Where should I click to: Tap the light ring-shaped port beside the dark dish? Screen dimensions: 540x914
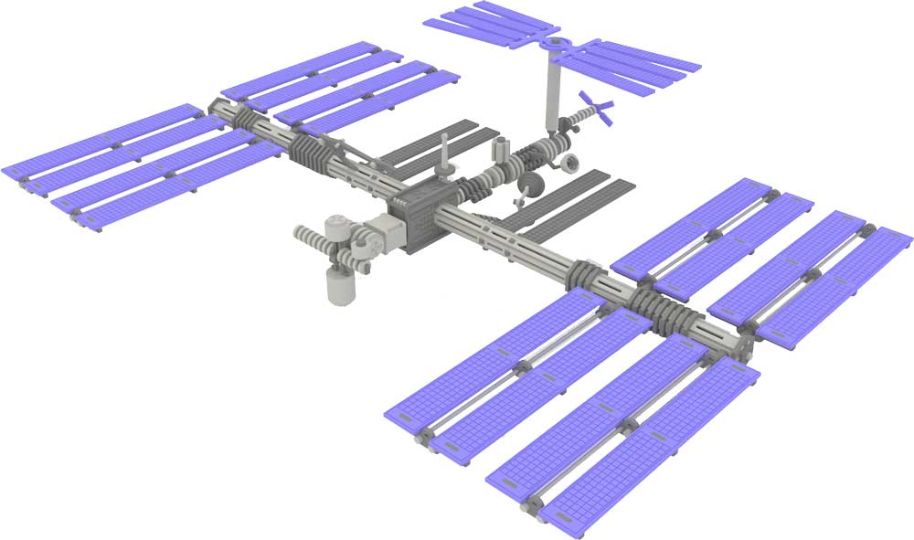click(x=569, y=163)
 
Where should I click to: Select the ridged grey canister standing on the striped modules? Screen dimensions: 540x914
click(x=501, y=148)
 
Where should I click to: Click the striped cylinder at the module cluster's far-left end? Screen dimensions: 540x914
click(x=312, y=234)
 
